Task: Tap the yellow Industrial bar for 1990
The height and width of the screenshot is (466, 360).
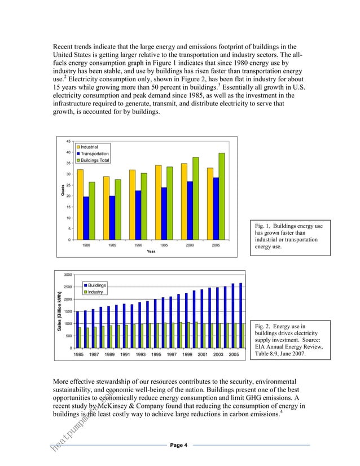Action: click(x=131, y=204)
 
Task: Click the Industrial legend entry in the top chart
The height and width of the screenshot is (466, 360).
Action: click(x=89, y=147)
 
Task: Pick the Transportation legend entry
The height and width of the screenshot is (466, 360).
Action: click(x=94, y=153)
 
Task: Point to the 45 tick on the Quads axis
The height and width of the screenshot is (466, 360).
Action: click(x=68, y=141)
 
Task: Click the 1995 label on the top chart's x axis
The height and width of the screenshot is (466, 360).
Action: click(x=164, y=246)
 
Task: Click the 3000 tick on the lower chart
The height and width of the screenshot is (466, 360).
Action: click(x=67, y=275)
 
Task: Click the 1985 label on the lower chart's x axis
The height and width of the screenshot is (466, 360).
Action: click(x=79, y=354)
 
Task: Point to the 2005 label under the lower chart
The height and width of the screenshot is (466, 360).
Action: click(x=234, y=354)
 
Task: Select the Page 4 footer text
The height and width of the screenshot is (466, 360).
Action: click(x=179, y=445)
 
